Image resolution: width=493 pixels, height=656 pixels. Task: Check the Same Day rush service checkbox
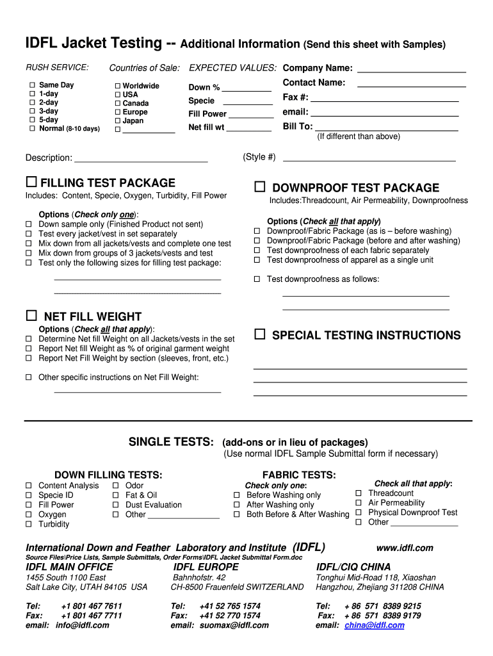pos(31,85)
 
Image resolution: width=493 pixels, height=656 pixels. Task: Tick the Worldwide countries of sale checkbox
pos(118,86)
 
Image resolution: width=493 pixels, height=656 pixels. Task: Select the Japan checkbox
pos(118,120)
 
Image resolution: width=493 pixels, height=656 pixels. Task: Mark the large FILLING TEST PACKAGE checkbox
pos(31,183)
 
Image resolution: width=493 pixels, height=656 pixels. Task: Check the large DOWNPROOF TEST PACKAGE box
pos(259,187)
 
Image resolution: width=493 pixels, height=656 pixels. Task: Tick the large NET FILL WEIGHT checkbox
pos(31,316)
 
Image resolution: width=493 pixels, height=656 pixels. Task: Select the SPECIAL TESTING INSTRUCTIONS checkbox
pos(259,334)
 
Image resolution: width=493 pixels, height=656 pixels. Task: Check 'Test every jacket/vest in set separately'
pos(29,234)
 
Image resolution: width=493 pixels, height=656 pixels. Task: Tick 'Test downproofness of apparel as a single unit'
pos(257,260)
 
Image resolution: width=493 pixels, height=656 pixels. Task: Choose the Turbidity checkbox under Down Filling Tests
pos(29,524)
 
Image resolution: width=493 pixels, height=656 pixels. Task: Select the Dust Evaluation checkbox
pos(116,505)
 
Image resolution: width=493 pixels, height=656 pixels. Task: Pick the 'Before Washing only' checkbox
pos(236,495)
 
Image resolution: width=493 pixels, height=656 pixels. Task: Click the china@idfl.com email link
pos(374,625)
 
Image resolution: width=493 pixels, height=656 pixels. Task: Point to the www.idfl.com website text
pos(405,548)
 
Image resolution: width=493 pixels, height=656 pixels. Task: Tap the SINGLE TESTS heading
pos(171,442)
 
